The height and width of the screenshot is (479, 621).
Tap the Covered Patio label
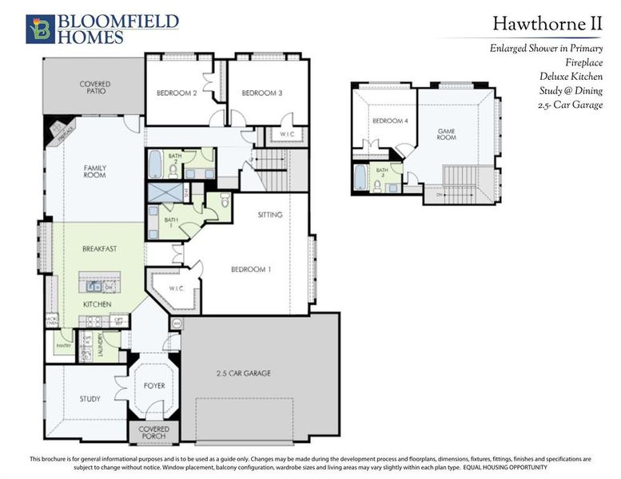pos(94,87)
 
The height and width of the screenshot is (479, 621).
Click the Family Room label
pos(95,172)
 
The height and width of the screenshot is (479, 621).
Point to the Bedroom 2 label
pos(177,93)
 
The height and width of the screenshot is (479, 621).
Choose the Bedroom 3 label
pos(262,93)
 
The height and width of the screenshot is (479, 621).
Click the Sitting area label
pos(269,215)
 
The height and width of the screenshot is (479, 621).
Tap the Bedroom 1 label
pos(251,269)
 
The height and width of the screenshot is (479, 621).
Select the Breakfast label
pos(100,249)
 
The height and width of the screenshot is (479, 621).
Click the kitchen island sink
pos(94,286)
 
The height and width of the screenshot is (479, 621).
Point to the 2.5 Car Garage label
pos(244,373)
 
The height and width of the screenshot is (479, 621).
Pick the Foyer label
pos(154,386)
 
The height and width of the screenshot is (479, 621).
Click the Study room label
pos(90,398)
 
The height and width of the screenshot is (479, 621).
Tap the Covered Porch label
pos(154,432)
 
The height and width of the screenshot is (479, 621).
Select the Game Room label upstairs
pos(445,134)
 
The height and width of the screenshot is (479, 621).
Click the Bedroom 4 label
pos(384,121)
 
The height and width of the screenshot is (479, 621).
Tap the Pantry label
pos(63,345)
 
